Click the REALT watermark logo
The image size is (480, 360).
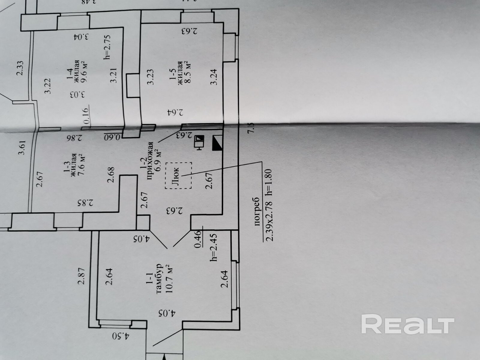click(408, 324)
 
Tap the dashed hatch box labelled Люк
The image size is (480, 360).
click(178, 175)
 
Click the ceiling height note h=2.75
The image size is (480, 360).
click(107, 46)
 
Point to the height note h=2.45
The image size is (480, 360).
click(213, 247)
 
